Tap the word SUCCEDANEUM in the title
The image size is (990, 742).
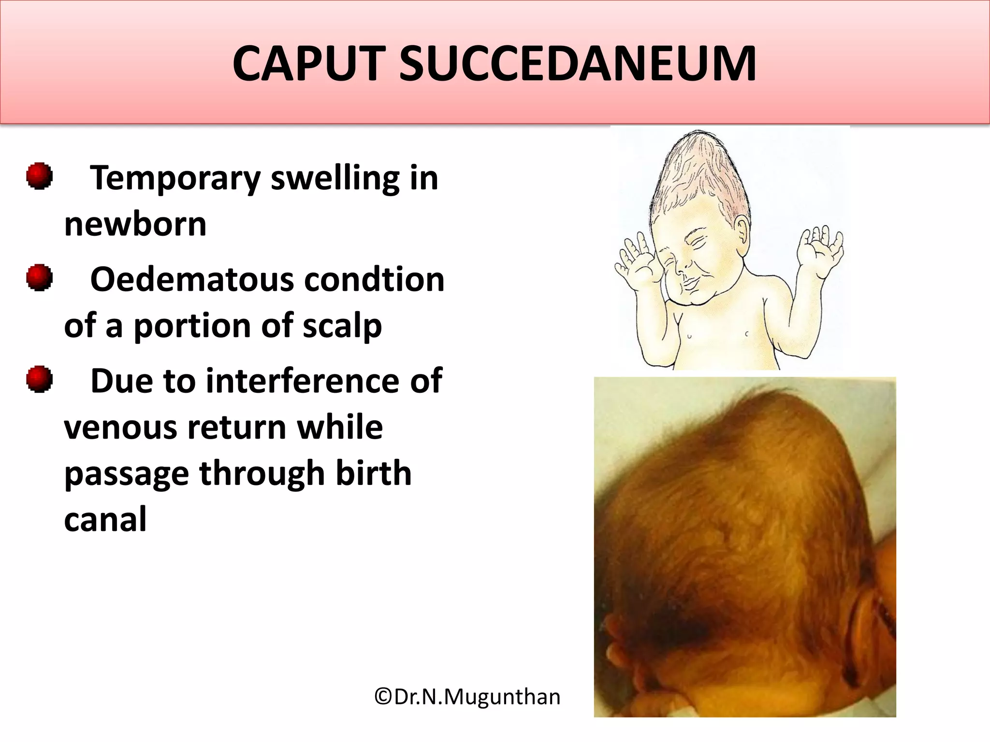pos(577,64)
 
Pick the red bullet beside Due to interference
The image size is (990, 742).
pos(39,379)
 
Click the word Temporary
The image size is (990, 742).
pos(175,179)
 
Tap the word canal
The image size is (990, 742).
pos(105,519)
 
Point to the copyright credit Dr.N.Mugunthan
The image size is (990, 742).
pos(467,697)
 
